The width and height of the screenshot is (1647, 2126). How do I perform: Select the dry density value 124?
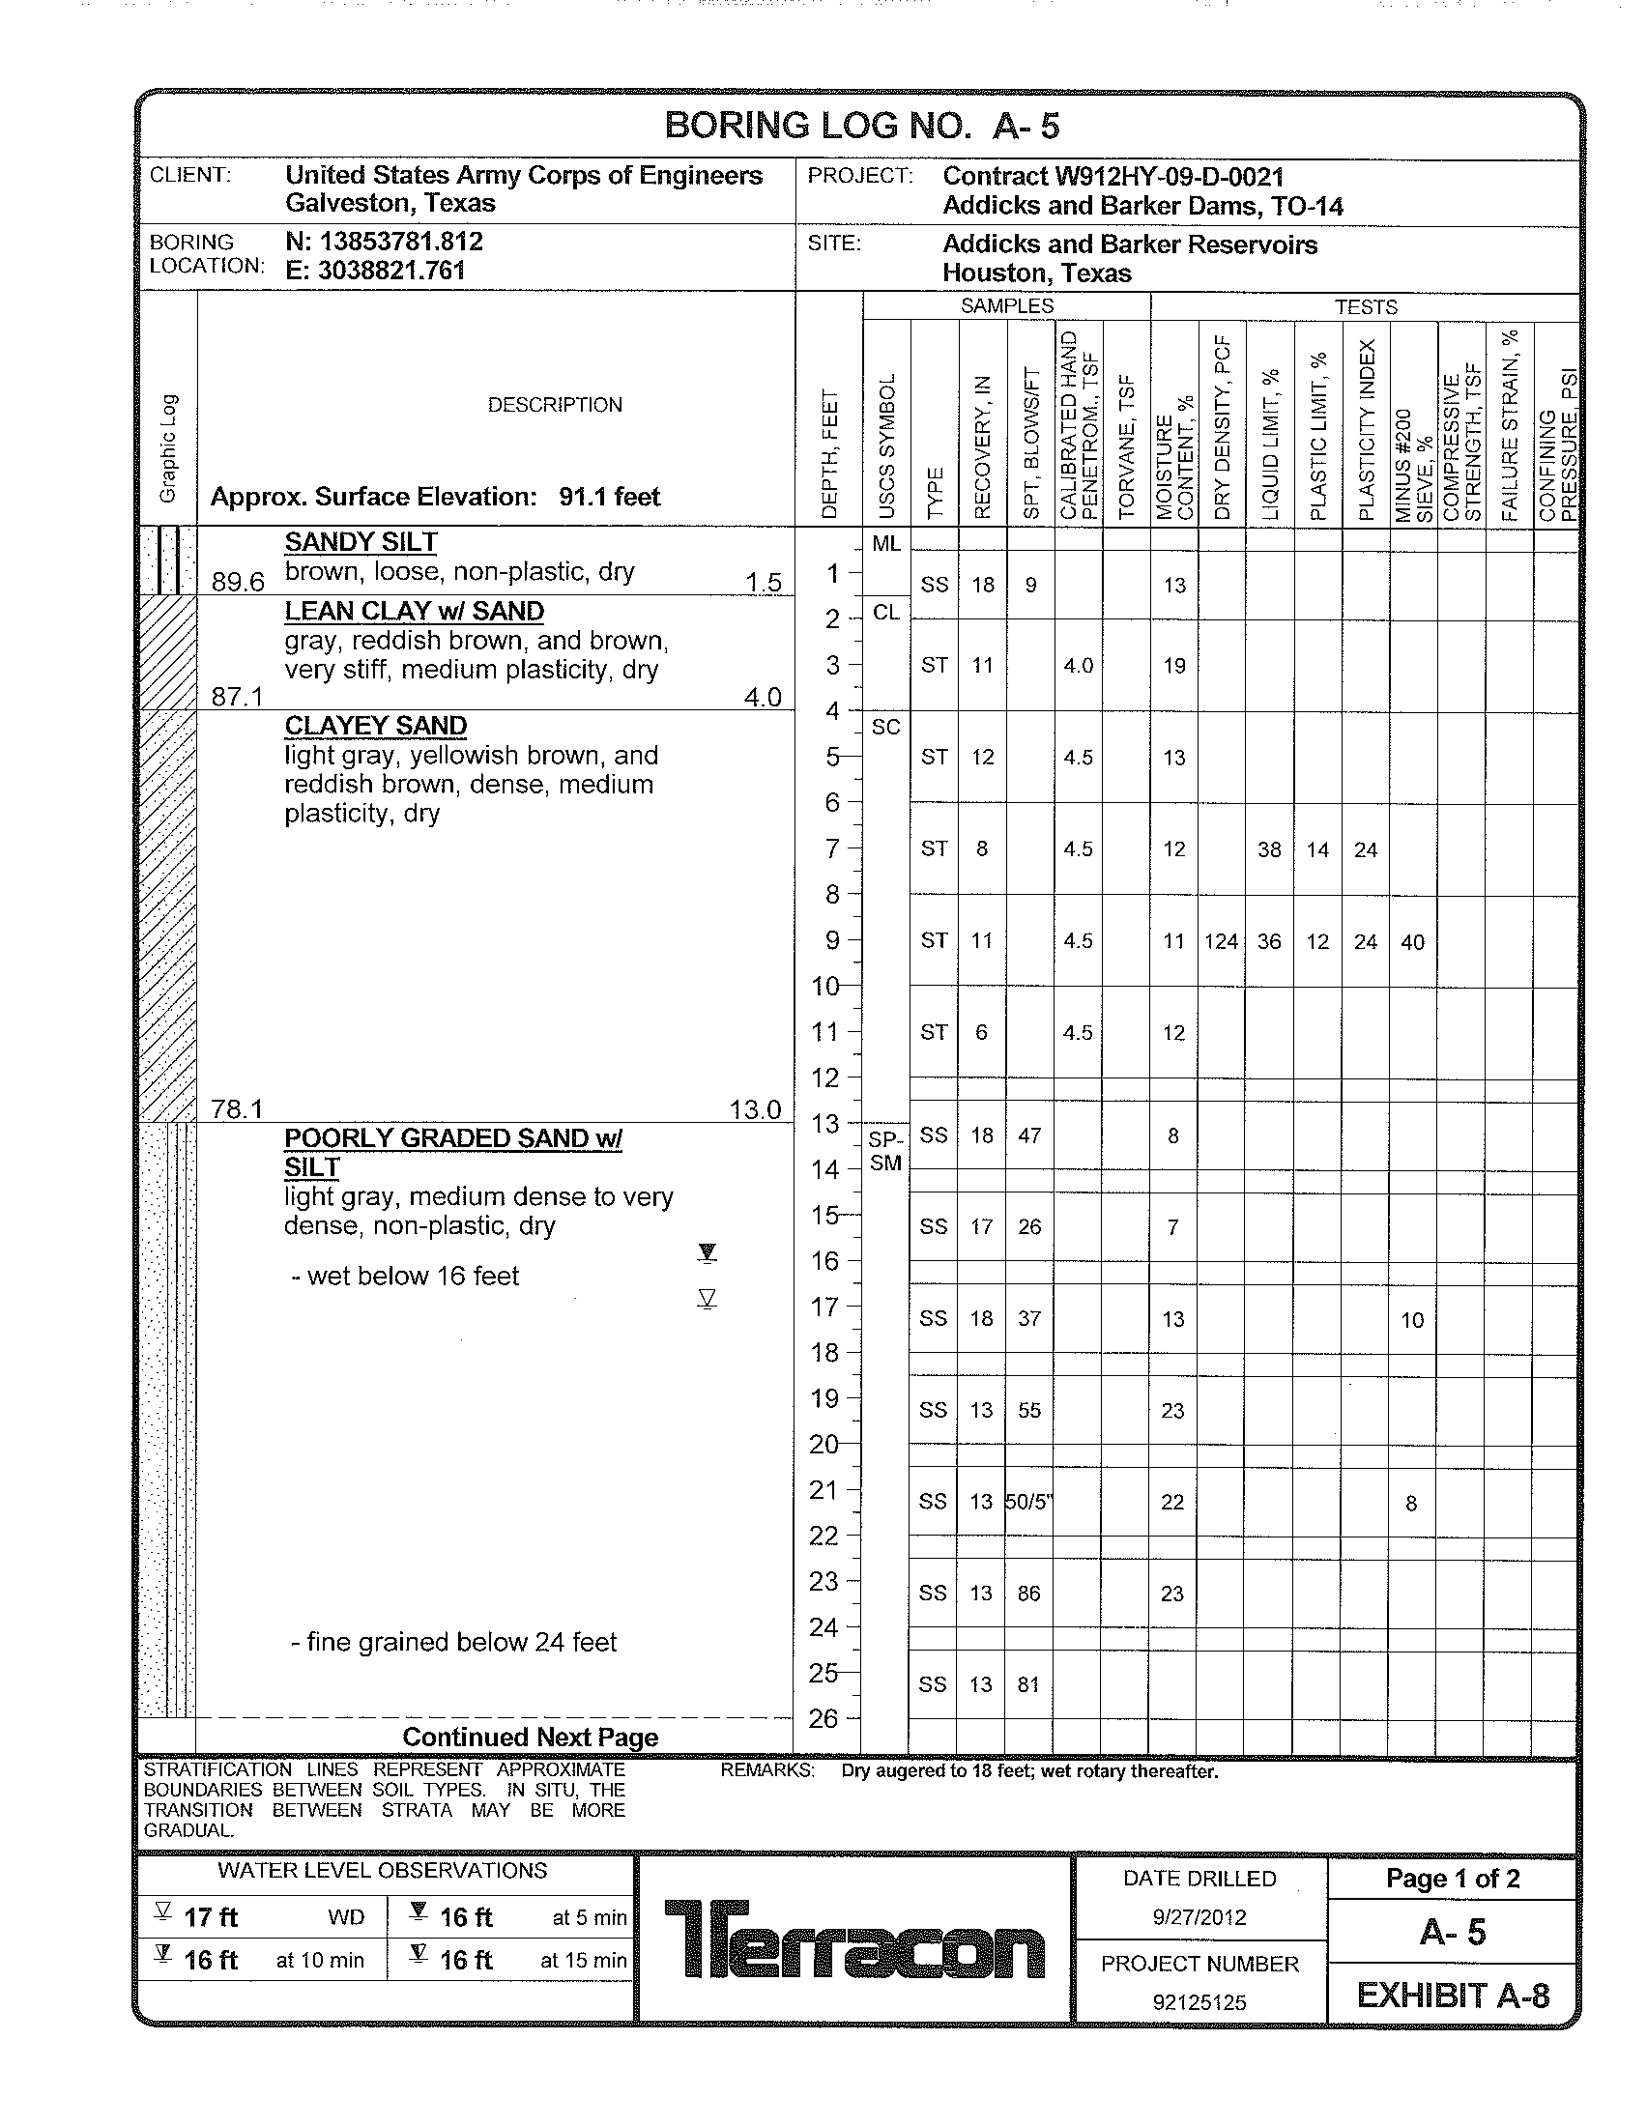[x=1221, y=941]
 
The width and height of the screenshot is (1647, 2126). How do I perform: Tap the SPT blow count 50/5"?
[x=1028, y=1502]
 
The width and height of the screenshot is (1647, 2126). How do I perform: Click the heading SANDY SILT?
[x=361, y=542]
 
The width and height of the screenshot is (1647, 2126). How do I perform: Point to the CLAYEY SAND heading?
[x=376, y=726]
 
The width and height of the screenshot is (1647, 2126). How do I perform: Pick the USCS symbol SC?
[x=885, y=727]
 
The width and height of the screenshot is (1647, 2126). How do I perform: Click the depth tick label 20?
[x=823, y=1445]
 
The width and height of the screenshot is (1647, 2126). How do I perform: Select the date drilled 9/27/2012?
[x=1199, y=1916]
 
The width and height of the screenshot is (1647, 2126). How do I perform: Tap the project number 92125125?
[x=1199, y=2002]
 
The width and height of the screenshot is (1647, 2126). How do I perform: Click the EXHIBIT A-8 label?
[x=1453, y=1996]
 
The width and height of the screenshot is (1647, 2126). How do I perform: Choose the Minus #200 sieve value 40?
[x=1412, y=942]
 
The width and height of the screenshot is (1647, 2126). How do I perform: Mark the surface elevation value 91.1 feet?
[x=609, y=498]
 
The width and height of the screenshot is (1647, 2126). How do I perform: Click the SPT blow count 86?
[x=1028, y=1594]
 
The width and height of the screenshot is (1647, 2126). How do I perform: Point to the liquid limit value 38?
[x=1269, y=849]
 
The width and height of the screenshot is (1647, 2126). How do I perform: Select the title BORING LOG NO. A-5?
[x=861, y=127]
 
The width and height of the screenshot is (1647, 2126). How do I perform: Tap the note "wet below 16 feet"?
[x=413, y=1277]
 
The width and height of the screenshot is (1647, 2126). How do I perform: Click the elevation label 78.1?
[x=238, y=1108]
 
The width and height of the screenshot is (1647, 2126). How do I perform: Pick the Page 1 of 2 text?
[x=1453, y=1879]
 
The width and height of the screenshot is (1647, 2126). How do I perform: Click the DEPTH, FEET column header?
[x=829, y=453]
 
